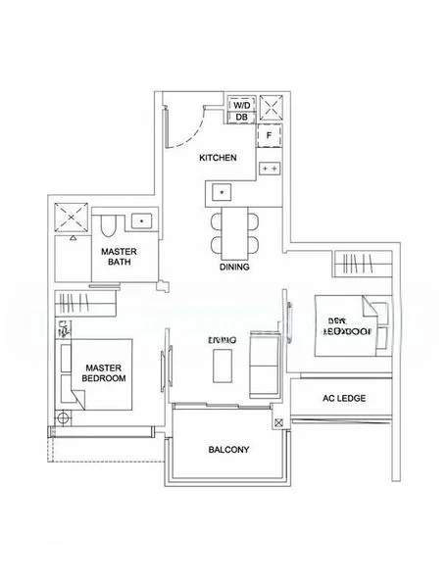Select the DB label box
click(x=241, y=118)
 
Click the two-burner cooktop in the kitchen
click(x=270, y=169)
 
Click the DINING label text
click(x=234, y=267)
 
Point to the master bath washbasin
click(x=143, y=221)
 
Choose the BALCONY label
click(x=229, y=450)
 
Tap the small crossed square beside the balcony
click(x=279, y=423)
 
